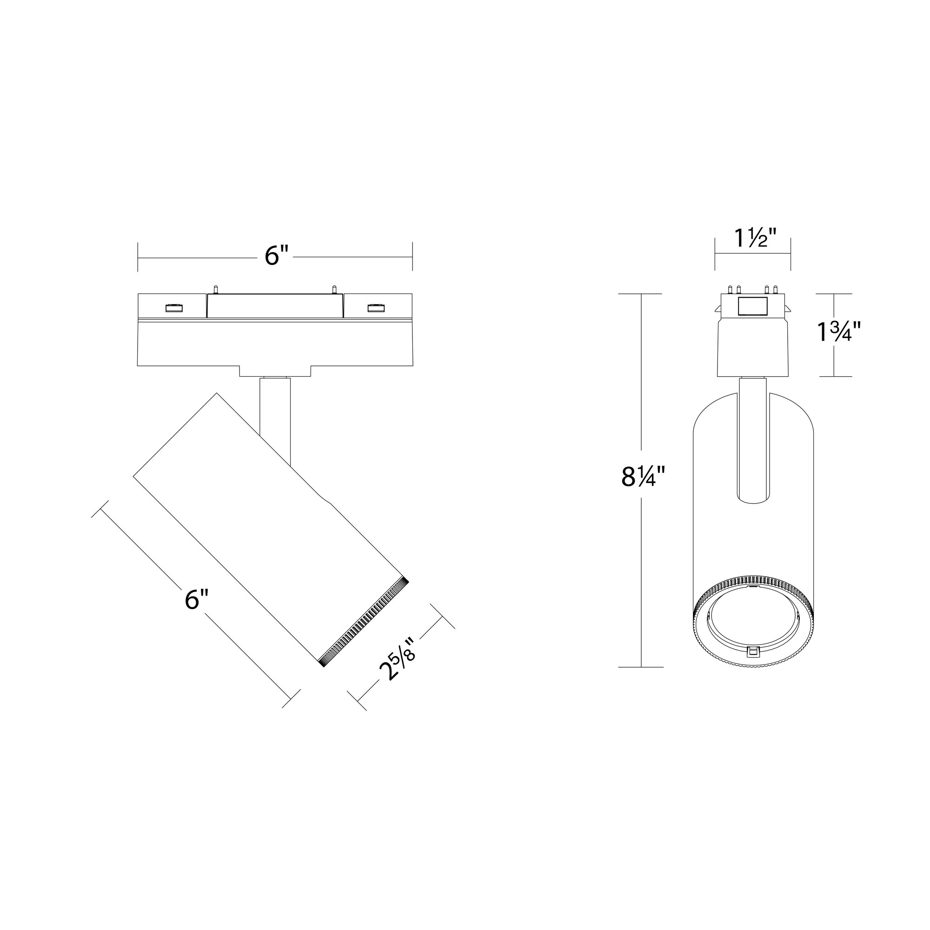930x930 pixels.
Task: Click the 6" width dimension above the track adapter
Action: [276, 256]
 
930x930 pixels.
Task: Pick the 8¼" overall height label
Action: [643, 477]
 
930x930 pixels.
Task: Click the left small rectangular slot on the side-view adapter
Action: [174, 308]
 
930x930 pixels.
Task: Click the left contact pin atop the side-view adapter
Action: [216, 289]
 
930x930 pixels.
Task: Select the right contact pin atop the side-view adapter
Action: [333, 289]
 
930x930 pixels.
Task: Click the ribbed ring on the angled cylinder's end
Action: [365, 621]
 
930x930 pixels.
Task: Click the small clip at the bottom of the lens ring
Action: [751, 651]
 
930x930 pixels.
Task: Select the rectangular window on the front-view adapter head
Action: [752, 306]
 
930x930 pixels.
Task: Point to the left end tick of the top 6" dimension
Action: [138, 257]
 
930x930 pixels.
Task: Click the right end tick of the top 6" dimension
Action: [412, 257]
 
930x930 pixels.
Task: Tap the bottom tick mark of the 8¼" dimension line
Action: [641, 667]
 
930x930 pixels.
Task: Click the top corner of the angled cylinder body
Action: [216, 394]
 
